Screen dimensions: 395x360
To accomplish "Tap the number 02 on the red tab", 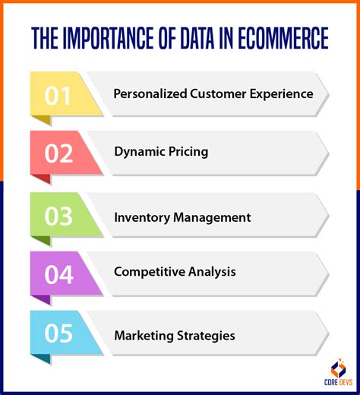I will [58, 153].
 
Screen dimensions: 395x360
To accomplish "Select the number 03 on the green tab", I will [58, 216].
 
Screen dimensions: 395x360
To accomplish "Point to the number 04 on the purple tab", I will [58, 273].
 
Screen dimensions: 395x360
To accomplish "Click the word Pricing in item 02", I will [187, 152].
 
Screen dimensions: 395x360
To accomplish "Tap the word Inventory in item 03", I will [141, 217].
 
